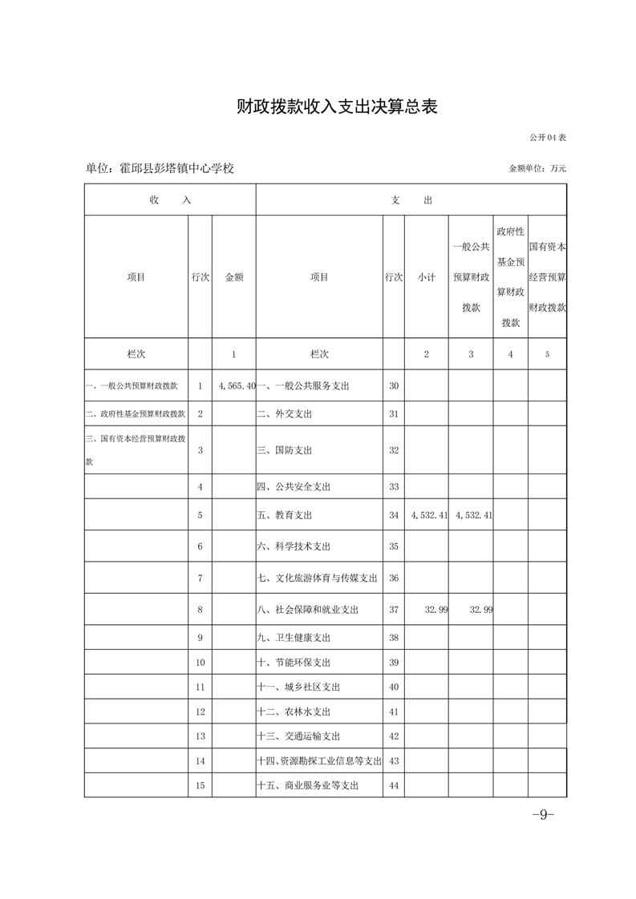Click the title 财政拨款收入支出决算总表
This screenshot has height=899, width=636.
pos(337,107)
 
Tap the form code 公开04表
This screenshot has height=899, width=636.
pos(547,138)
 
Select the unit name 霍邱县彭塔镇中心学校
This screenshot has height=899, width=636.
pos(160,169)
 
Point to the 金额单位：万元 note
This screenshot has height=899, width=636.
pos(537,169)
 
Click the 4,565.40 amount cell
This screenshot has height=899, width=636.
pos(236,386)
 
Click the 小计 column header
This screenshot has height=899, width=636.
pos(426,277)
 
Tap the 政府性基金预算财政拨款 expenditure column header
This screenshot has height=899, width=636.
pos(510,277)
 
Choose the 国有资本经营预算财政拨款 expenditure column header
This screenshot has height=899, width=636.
pos(548,277)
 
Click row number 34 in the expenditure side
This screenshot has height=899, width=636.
pos(393,515)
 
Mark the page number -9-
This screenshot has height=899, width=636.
pos(543,815)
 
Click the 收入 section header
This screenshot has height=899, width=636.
pos(169,200)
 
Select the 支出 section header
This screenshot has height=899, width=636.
pos(411,200)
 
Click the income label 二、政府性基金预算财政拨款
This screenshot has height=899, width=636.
pos(136,414)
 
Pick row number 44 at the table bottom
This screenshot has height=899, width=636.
pos(393,785)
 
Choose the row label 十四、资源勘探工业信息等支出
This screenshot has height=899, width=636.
pos(318,760)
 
